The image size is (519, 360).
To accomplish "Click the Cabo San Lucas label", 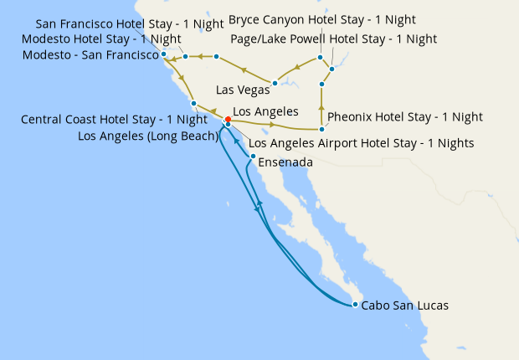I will click(x=404, y=306).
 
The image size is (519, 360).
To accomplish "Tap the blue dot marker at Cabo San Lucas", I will click(x=355, y=304).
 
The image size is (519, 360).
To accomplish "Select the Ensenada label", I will click(x=286, y=162).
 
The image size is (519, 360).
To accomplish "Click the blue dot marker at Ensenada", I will click(x=253, y=156).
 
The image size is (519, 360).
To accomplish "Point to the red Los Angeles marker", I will click(x=228, y=119).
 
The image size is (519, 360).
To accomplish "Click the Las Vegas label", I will click(x=243, y=90).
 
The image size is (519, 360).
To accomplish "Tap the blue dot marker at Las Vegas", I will click(x=275, y=83).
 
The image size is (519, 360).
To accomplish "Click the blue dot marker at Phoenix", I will click(x=321, y=129).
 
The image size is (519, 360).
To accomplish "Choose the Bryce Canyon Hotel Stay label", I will click(x=322, y=19).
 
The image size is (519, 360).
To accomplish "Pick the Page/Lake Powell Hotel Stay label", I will click(x=332, y=39).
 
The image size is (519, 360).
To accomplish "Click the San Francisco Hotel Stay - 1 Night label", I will click(x=130, y=23).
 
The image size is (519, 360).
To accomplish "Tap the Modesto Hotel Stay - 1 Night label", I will click(x=101, y=39).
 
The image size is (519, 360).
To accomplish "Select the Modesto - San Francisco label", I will click(x=92, y=55).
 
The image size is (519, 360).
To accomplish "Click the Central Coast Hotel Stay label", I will click(x=114, y=120).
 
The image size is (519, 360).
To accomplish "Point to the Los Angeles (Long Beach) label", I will click(x=148, y=135).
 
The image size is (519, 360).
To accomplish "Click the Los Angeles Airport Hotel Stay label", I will click(x=362, y=143).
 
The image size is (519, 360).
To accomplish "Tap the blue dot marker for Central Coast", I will click(x=193, y=104).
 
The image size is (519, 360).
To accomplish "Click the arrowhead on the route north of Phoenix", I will click(x=321, y=107).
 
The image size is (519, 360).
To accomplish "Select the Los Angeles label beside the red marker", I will click(x=265, y=111).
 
